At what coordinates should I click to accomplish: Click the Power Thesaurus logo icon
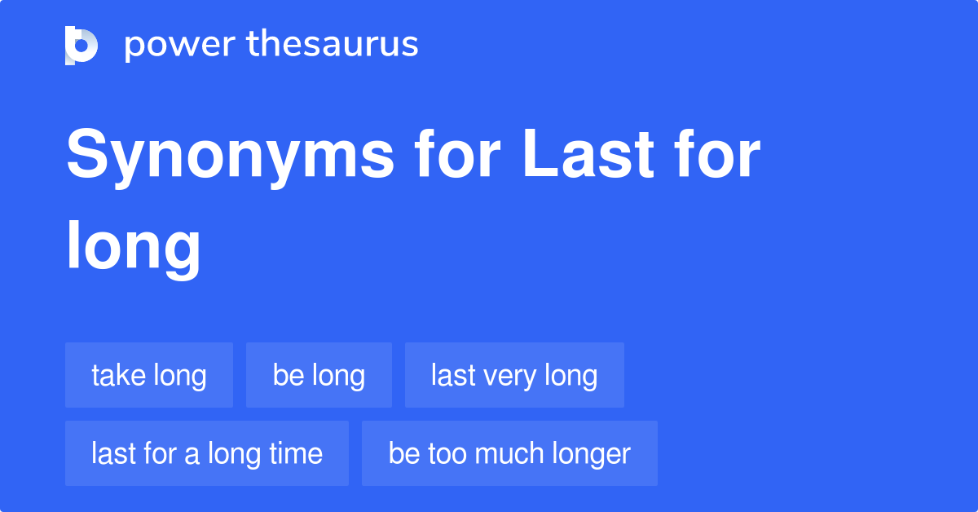(81, 45)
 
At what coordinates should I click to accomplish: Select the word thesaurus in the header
(333, 45)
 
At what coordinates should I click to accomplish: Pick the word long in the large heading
(134, 246)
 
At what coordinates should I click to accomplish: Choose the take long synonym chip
(149, 375)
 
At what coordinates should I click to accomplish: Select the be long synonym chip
(319, 375)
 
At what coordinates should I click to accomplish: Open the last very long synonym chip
(514, 375)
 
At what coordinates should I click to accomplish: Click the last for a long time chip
(207, 453)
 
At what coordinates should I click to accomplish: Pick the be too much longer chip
(509, 453)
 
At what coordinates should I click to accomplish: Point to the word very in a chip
(510, 376)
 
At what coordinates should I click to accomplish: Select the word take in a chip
(118, 376)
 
